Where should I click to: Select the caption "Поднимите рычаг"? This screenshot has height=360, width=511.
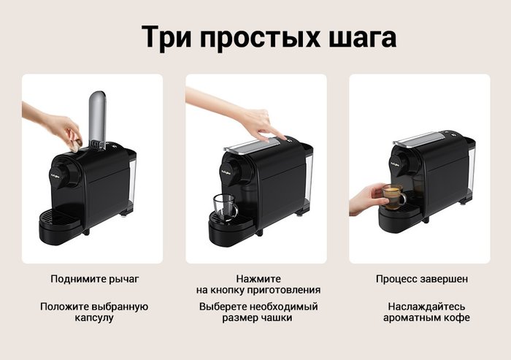click(x=95, y=280)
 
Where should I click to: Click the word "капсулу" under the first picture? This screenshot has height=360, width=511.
click(x=94, y=318)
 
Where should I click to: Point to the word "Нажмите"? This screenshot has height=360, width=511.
click(x=258, y=279)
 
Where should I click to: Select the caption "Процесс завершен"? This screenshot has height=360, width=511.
click(x=422, y=279)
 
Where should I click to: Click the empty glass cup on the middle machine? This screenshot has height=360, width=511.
click(x=225, y=207)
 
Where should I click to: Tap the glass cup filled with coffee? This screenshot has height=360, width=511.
click(x=393, y=196)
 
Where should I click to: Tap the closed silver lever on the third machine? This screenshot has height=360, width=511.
click(x=420, y=139)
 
